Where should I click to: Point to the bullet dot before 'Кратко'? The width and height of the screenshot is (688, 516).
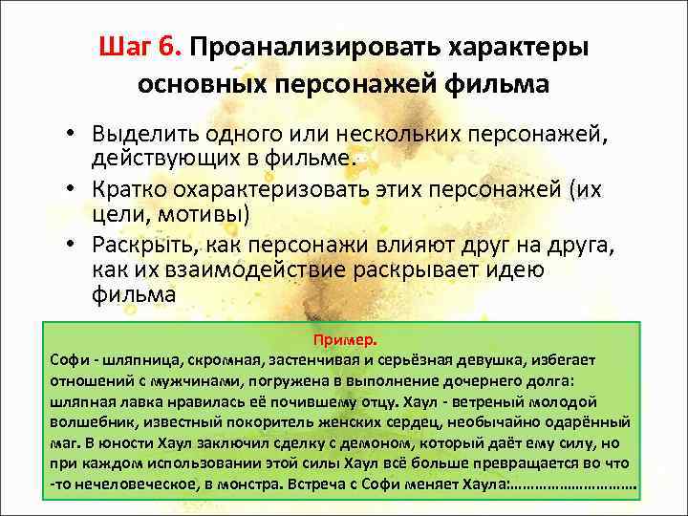tap(73, 188)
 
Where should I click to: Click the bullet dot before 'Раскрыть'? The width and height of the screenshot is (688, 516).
tap(73, 243)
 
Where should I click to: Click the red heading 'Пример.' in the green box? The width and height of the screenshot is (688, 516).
tap(344, 340)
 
